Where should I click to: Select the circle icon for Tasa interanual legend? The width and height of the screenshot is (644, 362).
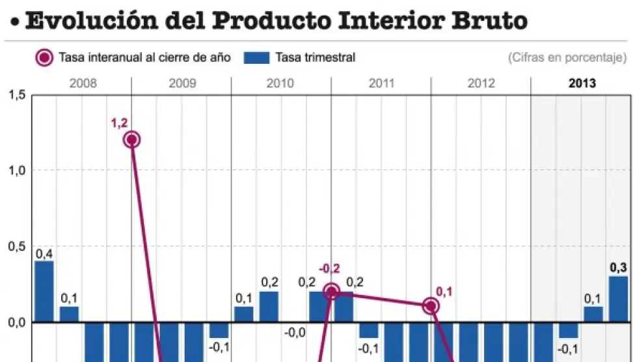coord(44,57)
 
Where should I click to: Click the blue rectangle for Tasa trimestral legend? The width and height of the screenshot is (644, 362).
coord(256,57)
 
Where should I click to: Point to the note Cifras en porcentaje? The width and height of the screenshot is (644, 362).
coord(567,57)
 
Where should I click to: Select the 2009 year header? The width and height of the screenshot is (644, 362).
coord(181,83)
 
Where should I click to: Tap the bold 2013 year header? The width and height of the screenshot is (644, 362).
coord(582,83)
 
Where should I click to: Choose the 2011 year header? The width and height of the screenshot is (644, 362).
coord(381,83)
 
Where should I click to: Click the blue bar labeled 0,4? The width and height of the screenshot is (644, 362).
coord(44,292)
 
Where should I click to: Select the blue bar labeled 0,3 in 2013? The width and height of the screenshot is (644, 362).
coord(618,299)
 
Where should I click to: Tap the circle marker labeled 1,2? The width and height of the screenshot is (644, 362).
coord(132,139)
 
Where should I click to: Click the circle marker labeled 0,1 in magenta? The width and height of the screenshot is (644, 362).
coord(431,306)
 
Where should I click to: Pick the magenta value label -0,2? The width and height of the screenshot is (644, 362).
coord(330,268)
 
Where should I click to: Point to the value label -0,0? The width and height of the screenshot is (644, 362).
coord(295,333)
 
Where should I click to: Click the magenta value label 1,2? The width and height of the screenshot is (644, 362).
coord(119,123)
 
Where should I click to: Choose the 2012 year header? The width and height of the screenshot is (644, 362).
coord(481,83)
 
